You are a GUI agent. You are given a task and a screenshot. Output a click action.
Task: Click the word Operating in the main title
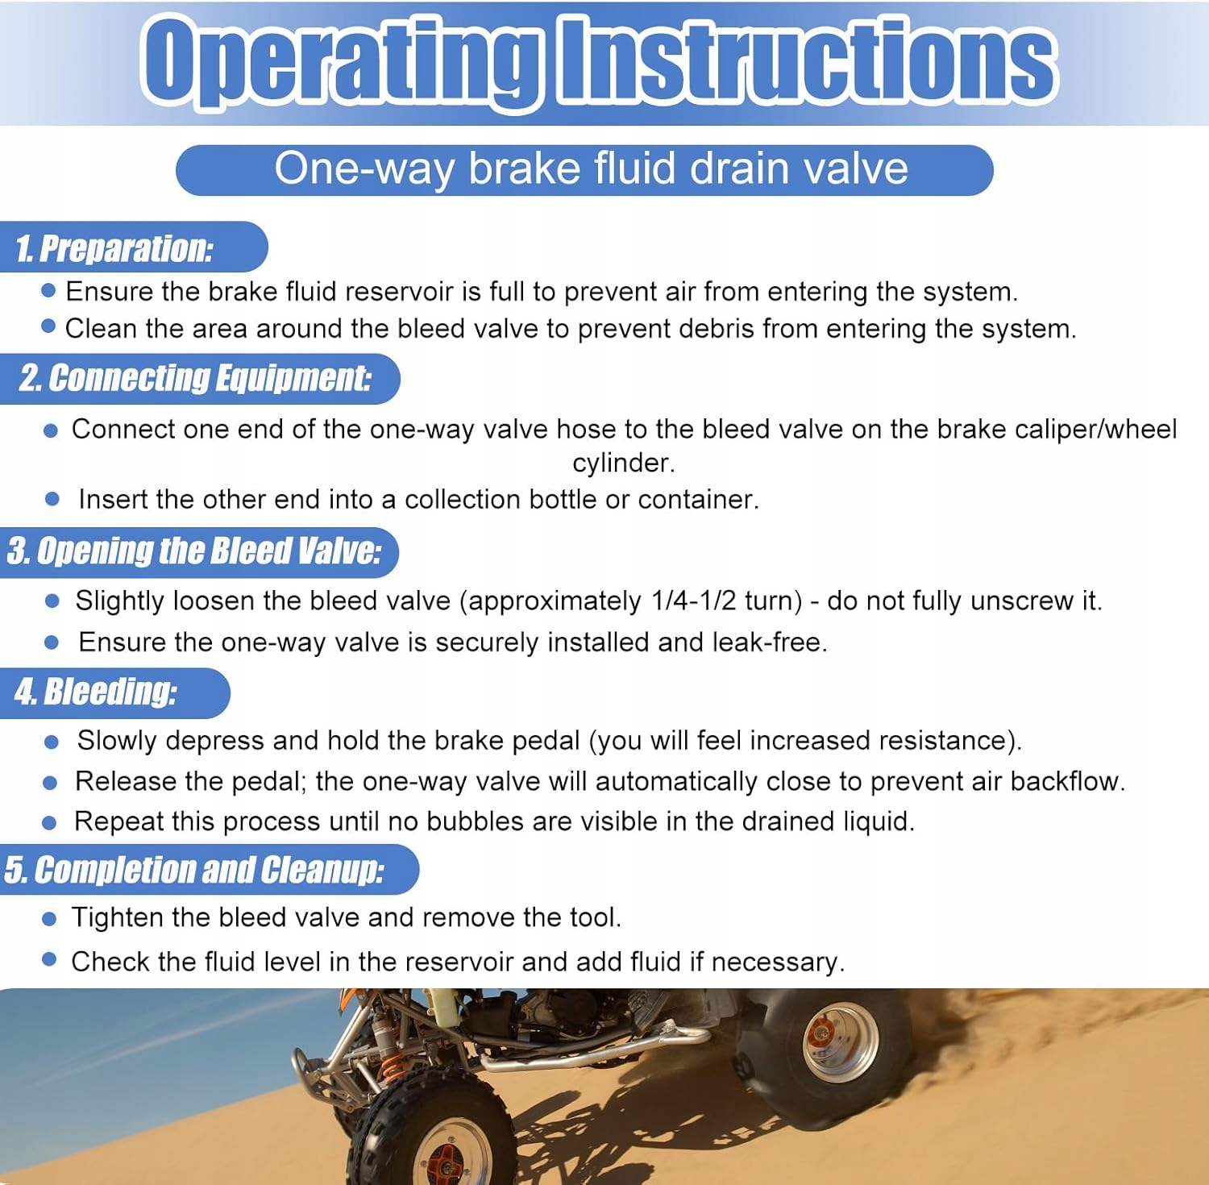click(340, 63)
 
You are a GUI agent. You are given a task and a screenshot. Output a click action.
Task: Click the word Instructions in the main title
click(807, 60)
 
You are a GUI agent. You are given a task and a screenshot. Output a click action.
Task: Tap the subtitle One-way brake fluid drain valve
click(591, 169)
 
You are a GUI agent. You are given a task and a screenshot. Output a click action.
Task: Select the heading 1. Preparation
click(114, 247)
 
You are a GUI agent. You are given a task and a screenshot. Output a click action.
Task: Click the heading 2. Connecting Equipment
click(195, 378)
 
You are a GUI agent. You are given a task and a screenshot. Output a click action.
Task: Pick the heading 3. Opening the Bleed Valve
click(193, 551)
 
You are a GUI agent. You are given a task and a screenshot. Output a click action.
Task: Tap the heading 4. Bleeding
click(95, 692)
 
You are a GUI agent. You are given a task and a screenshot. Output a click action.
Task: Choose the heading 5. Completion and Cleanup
click(194, 870)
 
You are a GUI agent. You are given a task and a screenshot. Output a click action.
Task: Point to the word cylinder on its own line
click(623, 463)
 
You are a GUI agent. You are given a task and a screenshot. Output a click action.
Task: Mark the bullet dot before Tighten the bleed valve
click(49, 918)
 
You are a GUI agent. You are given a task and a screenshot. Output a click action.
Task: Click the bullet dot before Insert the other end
click(52, 499)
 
